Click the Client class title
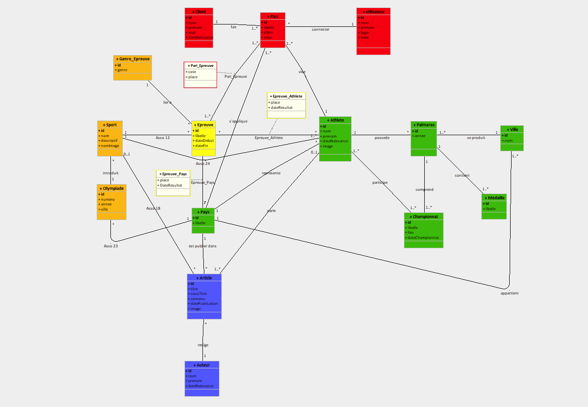point(199,11)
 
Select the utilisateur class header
point(374,11)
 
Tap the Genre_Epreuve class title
point(133,59)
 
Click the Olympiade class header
point(111,188)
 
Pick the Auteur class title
point(202,365)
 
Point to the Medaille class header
point(494,198)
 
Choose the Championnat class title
point(424,217)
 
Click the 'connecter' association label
point(320,30)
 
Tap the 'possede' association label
point(382,138)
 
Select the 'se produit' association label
point(476,138)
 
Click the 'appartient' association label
point(509,293)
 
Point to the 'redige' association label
point(203,345)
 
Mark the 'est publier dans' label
point(202,246)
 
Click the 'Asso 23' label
point(111,246)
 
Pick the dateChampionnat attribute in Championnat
point(423,237)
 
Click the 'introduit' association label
point(110,173)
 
